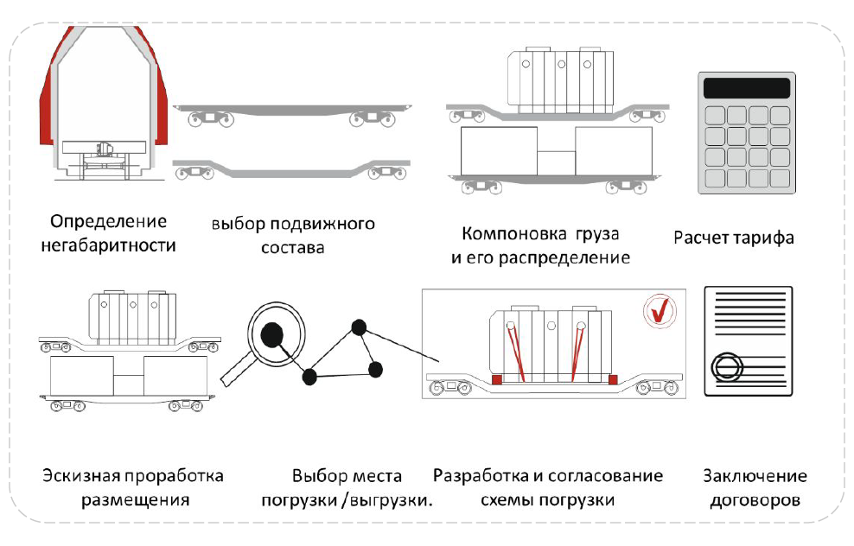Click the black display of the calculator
[x=747, y=87]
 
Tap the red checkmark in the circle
[x=660, y=311]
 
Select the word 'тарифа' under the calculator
[x=764, y=237]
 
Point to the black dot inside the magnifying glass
[x=276, y=336]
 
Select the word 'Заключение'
[x=755, y=476]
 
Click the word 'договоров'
[x=755, y=499]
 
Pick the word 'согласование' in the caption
[x=612, y=476]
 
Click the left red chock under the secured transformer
[x=496, y=379]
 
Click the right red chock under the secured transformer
[x=613, y=379]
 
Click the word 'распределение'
[x=574, y=257]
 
